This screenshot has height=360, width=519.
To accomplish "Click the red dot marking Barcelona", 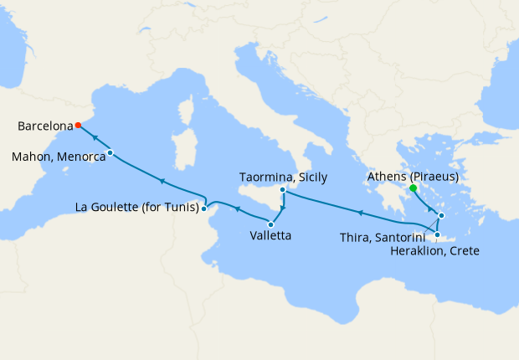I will tap(78, 126).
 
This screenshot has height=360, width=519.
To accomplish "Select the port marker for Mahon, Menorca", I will tap(110, 152).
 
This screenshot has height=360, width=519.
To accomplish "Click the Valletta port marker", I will tap(271, 224).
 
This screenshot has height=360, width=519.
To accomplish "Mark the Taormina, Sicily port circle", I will tap(283, 190).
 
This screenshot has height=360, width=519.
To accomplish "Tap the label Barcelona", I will tap(44, 126).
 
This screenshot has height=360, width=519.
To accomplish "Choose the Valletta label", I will tap(271, 237).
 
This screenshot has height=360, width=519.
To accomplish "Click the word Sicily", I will tap(309, 177).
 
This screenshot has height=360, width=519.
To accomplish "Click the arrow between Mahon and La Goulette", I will tap(161, 181).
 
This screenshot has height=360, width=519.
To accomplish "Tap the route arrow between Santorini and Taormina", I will tap(360, 213).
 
